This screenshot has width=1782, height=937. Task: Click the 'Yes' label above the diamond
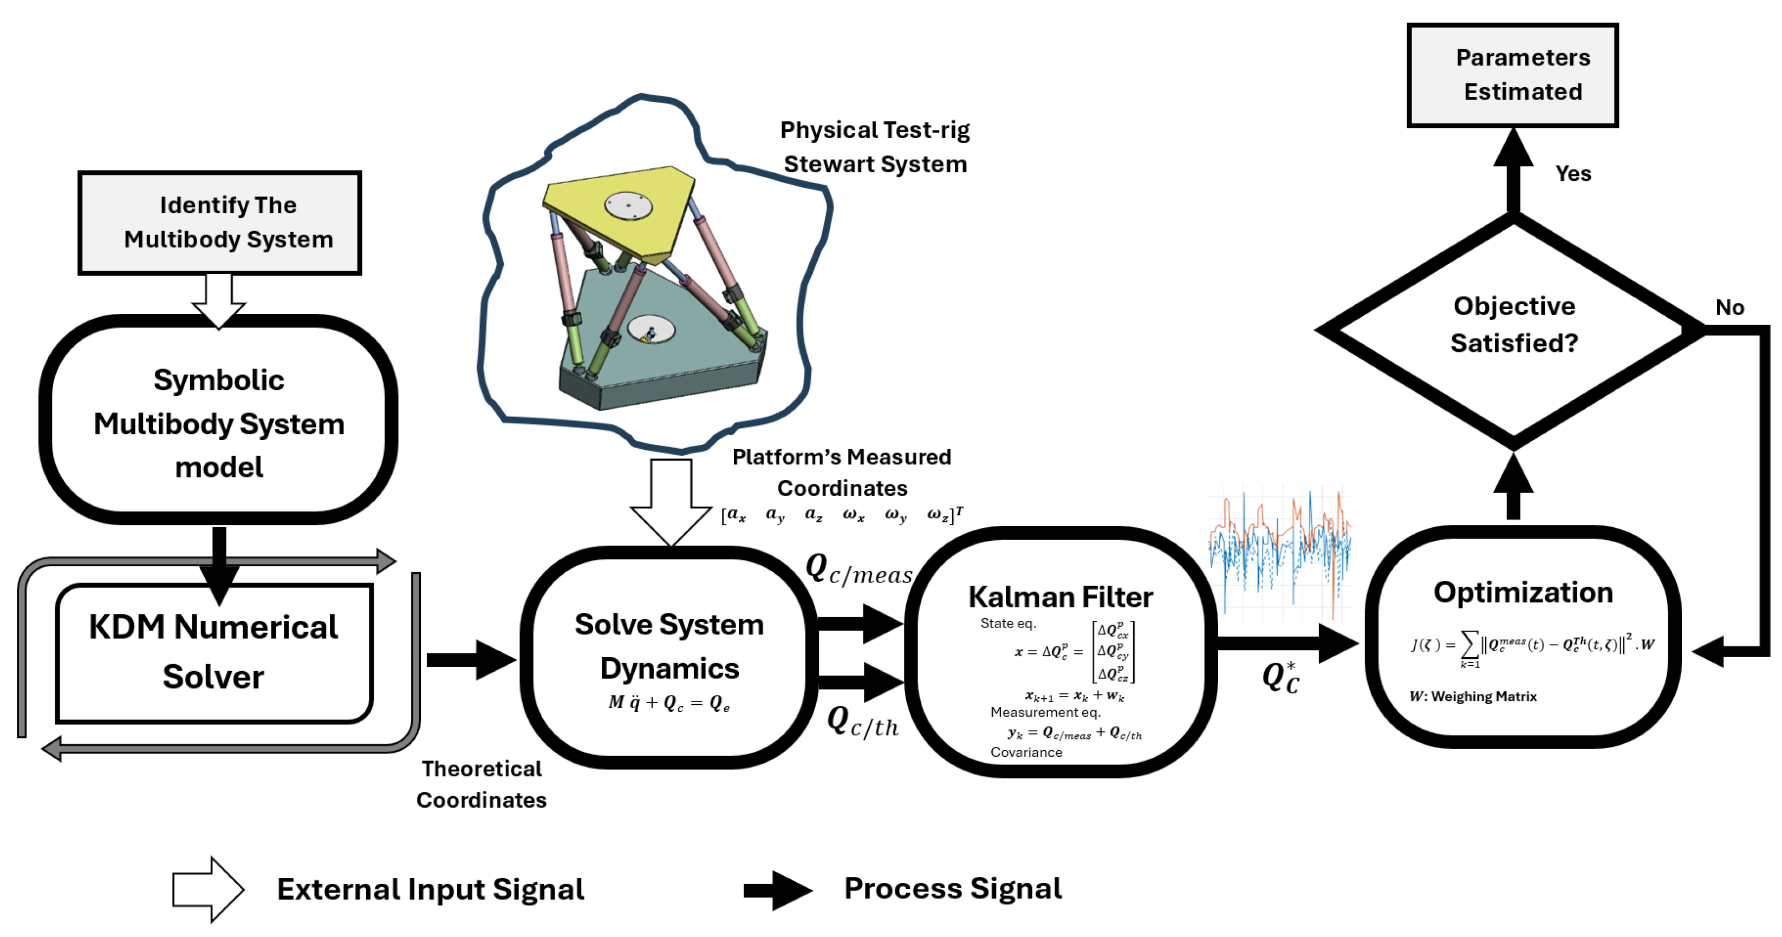pos(1573,174)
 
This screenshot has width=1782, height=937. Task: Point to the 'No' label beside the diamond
pos(1729,307)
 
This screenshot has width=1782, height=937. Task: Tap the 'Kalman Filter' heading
pos(1061,597)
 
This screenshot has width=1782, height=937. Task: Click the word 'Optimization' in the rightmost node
pos(1523,593)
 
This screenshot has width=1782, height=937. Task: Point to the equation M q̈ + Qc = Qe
pos(669,703)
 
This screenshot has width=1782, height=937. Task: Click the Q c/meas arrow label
pos(859,569)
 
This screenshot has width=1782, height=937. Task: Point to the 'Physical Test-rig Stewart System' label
pos(875,147)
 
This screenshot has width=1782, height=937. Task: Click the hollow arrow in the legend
pos(208,889)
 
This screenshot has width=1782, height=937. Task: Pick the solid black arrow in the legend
pos(778,890)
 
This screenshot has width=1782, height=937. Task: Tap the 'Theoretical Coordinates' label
pos(482,784)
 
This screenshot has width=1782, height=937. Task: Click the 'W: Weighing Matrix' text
pos(1473,696)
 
